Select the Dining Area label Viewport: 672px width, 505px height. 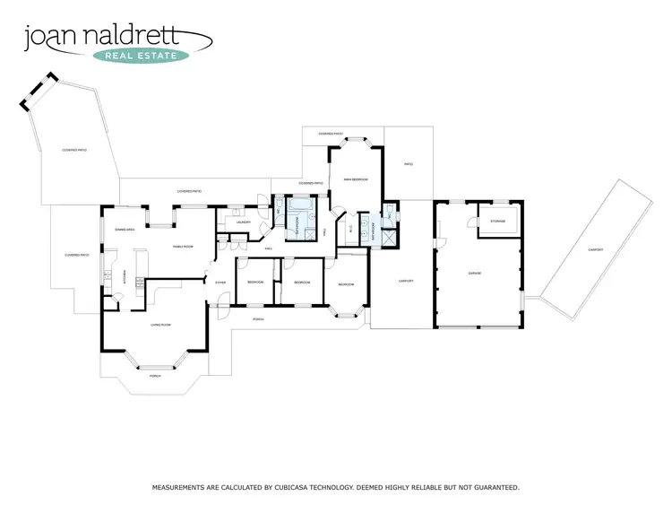125,230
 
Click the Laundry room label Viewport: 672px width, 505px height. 243,222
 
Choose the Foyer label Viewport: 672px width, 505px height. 220,283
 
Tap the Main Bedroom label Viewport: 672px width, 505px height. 357,180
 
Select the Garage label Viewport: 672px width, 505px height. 476,273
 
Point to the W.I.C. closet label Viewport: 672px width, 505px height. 349,228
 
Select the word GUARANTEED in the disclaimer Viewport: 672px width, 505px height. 494,487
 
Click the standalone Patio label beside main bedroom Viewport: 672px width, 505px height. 408,164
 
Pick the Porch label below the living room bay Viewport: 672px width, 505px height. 154,376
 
